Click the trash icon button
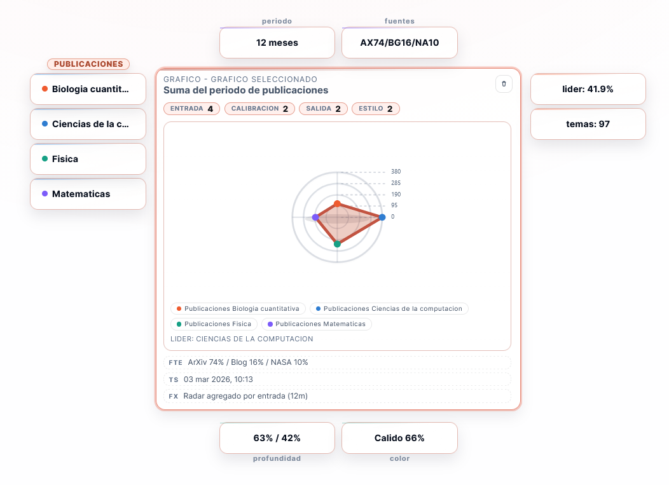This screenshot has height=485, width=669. (504, 84)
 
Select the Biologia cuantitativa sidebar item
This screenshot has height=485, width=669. (88, 89)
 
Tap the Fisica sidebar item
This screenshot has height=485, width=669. (88, 159)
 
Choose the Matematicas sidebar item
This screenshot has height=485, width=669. (88, 194)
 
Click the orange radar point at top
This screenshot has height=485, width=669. (337, 203)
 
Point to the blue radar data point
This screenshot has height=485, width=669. (382, 217)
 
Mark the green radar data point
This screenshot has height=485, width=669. (337, 244)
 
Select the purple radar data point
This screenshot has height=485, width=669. (315, 217)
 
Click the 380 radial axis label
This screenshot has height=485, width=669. (396, 172)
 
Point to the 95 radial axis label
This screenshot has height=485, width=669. (394, 205)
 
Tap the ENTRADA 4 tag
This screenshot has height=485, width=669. (191, 109)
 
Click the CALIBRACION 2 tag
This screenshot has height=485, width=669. (259, 109)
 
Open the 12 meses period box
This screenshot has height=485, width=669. (277, 43)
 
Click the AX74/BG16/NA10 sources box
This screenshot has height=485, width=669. (399, 43)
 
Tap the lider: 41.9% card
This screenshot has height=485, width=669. (588, 89)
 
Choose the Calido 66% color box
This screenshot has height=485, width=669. (399, 438)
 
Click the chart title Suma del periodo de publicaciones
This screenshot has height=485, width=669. (245, 90)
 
